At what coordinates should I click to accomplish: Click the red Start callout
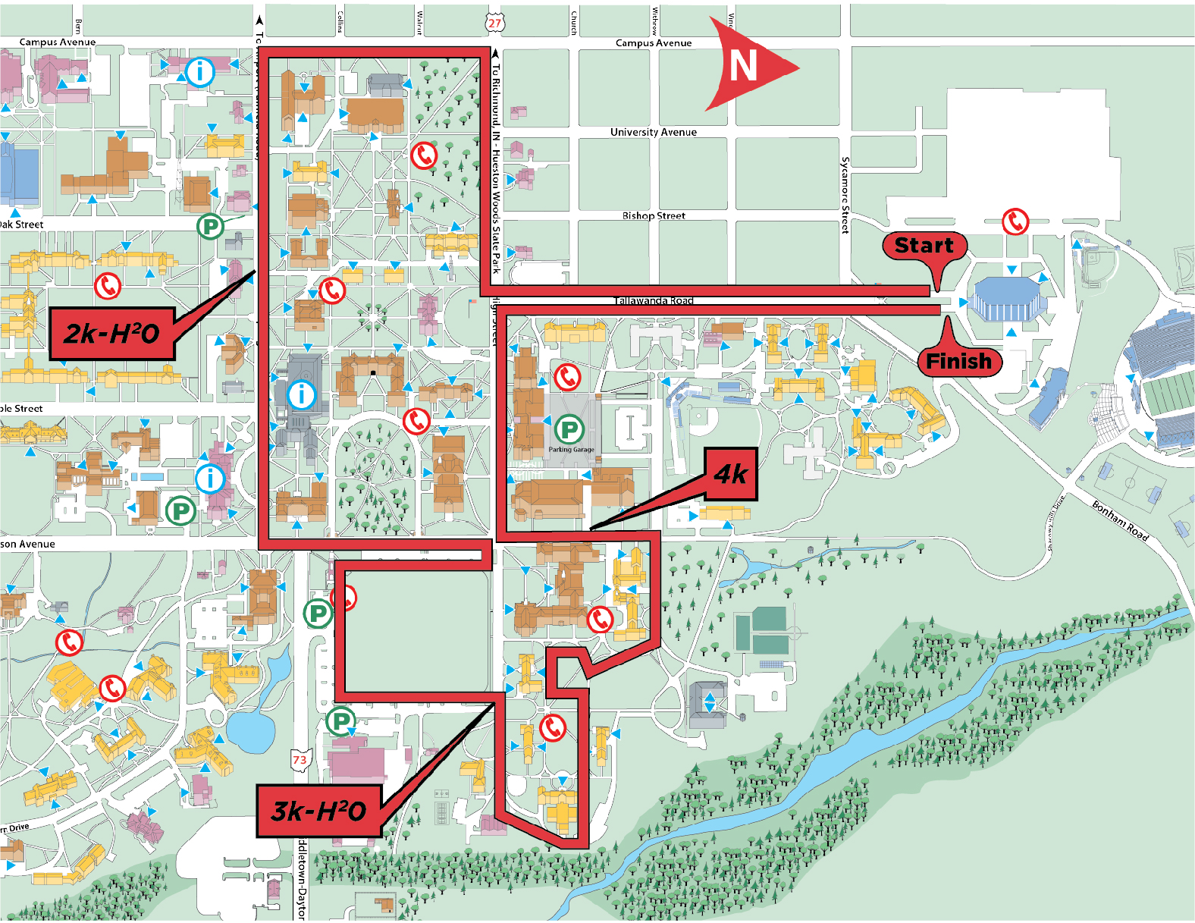(x=924, y=246)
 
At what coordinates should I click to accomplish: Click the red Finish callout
(x=958, y=361)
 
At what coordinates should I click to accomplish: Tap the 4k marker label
(x=731, y=474)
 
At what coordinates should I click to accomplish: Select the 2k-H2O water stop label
(x=112, y=334)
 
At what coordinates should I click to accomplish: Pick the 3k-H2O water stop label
(x=318, y=811)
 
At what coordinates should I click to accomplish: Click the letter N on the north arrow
(x=743, y=66)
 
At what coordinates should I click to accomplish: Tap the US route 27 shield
(x=494, y=23)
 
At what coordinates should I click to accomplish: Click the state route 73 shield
(x=300, y=760)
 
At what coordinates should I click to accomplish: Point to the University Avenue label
(x=653, y=132)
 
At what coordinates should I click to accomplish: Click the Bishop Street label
(x=653, y=216)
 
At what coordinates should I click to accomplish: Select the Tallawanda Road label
(x=653, y=301)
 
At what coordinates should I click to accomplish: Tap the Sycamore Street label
(x=845, y=195)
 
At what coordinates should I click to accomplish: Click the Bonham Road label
(x=1120, y=520)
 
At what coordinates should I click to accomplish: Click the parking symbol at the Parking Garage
(x=569, y=430)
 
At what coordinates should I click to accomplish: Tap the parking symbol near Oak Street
(x=210, y=226)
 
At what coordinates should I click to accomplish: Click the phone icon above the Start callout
(x=1015, y=221)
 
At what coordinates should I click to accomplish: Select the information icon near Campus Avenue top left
(x=200, y=72)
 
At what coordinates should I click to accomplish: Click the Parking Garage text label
(x=571, y=450)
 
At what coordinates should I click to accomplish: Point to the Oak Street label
(x=21, y=224)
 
